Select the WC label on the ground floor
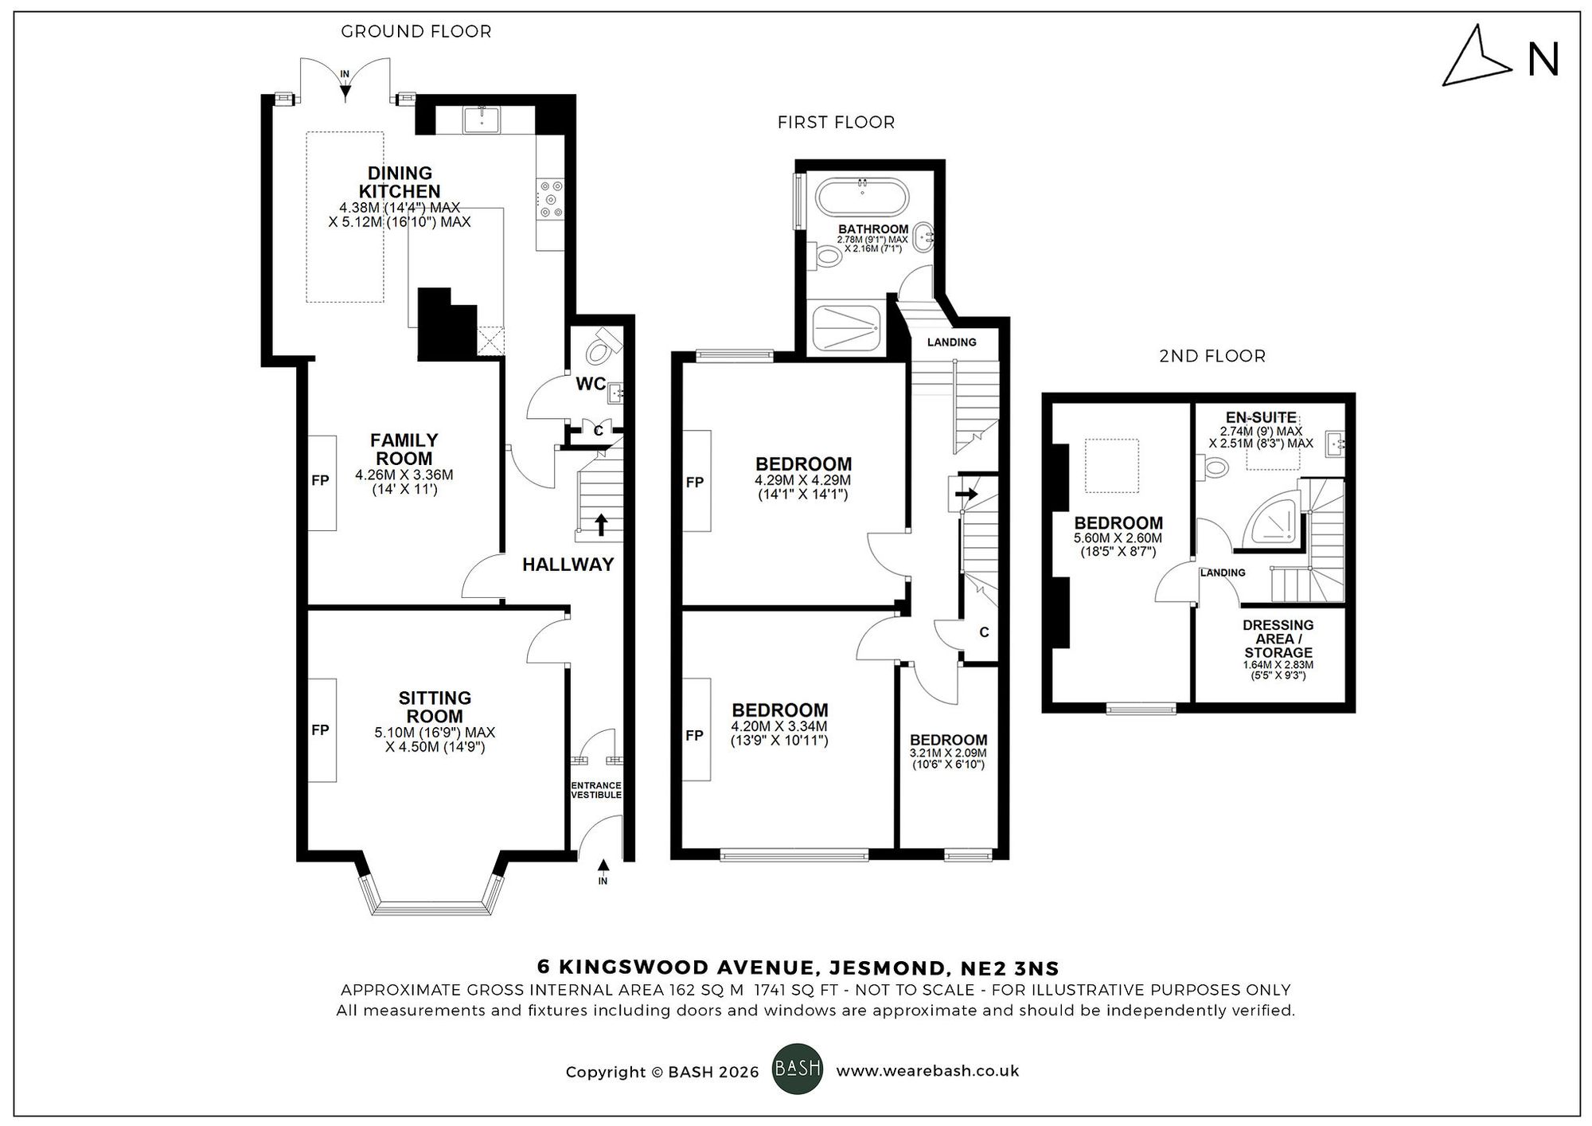point(591,384)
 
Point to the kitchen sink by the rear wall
point(482,119)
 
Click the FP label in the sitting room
point(320,729)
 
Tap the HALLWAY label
point(568,565)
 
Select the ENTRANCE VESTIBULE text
point(595,790)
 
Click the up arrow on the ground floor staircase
point(601,524)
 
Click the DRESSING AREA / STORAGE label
point(1278,639)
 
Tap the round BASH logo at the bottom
point(798,1069)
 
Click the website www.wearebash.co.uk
point(927,1071)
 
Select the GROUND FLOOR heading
point(416,32)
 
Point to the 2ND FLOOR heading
point(1212,356)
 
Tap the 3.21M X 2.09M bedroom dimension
point(947,753)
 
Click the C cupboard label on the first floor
point(984,632)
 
